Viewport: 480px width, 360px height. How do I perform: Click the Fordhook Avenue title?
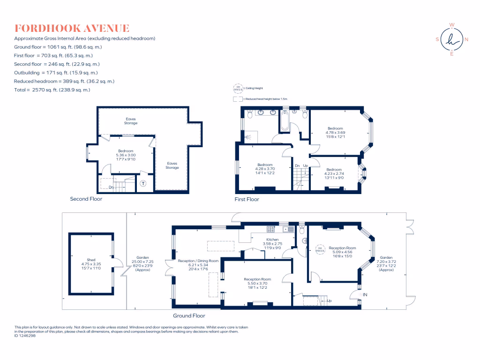[x=72, y=29]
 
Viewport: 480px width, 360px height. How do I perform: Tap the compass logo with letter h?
[x=452, y=40]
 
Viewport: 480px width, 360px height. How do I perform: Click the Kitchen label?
[x=272, y=239]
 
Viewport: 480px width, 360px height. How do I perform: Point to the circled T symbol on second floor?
[x=143, y=183]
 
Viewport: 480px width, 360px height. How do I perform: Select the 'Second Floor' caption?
[x=86, y=199]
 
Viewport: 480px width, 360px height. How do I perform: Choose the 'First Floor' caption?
[x=247, y=199]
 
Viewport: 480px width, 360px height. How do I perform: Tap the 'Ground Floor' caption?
[x=189, y=316]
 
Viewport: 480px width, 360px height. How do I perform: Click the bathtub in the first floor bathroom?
[x=285, y=121]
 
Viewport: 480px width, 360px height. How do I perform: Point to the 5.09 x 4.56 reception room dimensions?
[x=342, y=252]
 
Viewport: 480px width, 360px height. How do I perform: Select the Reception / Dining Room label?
[x=198, y=261]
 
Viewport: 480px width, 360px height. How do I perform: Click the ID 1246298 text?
[x=25, y=336]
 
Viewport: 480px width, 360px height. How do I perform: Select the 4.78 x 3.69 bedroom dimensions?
[x=335, y=133]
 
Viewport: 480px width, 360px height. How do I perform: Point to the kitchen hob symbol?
[x=271, y=229]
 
